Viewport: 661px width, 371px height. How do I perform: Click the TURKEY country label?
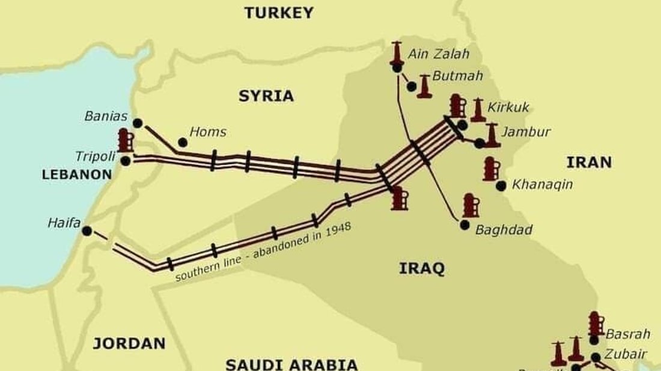click(279, 13)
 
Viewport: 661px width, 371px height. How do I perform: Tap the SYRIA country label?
click(266, 95)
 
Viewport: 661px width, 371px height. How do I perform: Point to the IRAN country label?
click(589, 162)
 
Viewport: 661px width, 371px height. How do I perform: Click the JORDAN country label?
click(129, 343)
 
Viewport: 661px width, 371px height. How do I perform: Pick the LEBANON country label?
click(77, 175)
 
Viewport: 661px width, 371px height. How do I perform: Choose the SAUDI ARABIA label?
click(291, 364)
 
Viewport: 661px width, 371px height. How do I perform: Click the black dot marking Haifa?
click(87, 231)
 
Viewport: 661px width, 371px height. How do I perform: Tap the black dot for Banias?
click(138, 123)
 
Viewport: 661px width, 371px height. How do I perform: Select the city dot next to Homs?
click(182, 142)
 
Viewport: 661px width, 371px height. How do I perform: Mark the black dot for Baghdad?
click(465, 225)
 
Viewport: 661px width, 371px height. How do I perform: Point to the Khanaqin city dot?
click(501, 185)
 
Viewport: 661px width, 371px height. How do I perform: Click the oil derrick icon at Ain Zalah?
click(397, 53)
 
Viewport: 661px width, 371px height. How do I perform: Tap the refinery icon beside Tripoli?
click(125, 140)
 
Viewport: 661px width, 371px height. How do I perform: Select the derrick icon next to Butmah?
click(425, 86)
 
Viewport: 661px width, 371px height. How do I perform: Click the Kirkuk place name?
click(508, 107)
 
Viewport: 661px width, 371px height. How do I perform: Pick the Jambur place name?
click(526, 132)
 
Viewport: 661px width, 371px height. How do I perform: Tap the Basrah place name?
click(627, 334)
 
